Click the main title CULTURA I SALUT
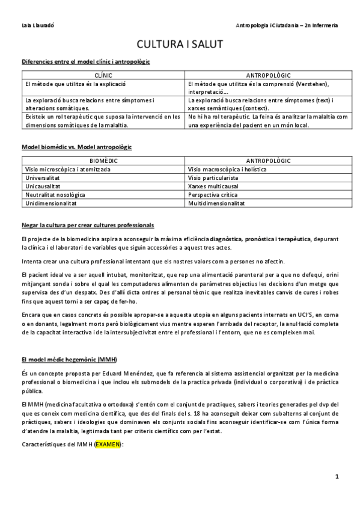180,45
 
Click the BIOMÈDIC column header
103,161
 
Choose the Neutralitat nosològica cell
55,195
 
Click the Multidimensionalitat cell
216,203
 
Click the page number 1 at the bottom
337,476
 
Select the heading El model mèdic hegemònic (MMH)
70,359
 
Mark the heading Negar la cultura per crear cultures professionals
87,225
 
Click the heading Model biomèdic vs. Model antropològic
76,147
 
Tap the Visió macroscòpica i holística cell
227,170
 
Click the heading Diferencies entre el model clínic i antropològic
85,61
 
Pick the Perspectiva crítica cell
213,195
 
